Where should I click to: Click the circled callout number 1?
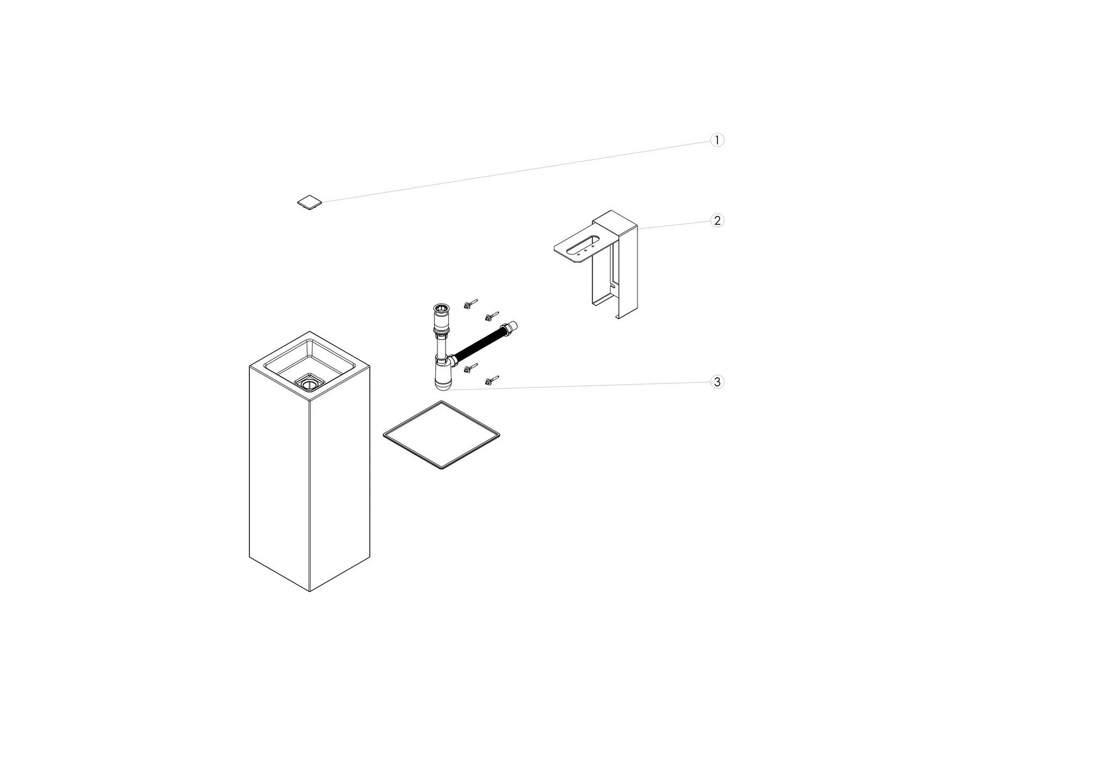tap(717, 140)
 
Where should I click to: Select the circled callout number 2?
tap(717, 220)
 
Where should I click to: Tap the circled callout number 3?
tap(717, 382)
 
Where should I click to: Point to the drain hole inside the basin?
tap(309, 383)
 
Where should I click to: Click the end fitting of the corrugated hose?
tap(509, 327)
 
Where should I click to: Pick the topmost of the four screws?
tap(471, 304)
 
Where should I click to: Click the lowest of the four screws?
tap(492, 380)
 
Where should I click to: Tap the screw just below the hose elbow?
tap(470, 368)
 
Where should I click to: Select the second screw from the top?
tap(492, 317)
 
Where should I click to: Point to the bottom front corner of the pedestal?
tap(310, 592)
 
